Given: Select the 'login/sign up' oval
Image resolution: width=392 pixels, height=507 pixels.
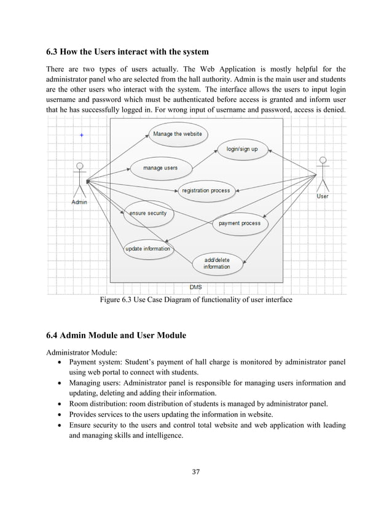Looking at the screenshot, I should (241, 149).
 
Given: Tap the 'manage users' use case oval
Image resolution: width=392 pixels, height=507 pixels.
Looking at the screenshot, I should (160, 168).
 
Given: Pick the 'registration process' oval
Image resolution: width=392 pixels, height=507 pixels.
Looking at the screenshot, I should (205, 191).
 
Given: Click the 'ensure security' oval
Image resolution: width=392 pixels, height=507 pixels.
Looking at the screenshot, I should (147, 214).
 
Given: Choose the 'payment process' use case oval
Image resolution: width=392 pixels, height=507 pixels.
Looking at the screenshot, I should (239, 223).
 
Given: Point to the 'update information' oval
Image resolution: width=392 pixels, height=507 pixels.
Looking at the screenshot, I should (147, 249).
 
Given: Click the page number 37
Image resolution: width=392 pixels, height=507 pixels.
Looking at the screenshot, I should (196, 472).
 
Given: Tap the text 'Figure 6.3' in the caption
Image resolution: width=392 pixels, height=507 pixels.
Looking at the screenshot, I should (116, 300).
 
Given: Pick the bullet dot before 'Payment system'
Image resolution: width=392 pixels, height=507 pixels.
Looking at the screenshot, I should (58, 362).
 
